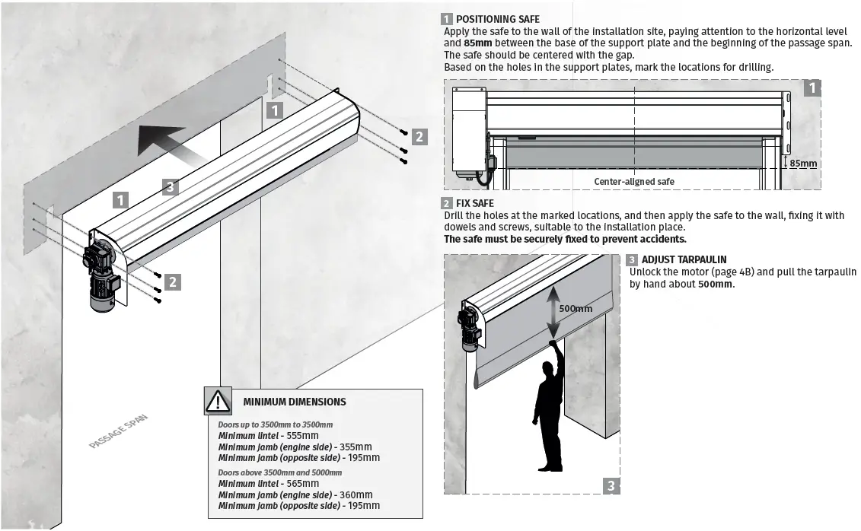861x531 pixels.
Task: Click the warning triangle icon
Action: click(x=218, y=401)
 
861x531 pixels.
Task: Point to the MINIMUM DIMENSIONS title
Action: click(x=294, y=402)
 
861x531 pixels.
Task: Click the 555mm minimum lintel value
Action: click(x=292, y=435)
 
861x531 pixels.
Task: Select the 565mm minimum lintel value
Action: click(x=292, y=483)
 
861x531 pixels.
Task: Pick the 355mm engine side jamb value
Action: click(x=355, y=447)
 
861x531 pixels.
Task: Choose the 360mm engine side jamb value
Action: click(x=355, y=494)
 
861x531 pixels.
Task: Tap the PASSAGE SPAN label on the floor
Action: click(x=117, y=431)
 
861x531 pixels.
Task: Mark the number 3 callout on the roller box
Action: click(x=171, y=186)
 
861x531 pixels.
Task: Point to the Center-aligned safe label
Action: click(x=633, y=181)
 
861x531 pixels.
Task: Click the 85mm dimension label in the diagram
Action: click(x=802, y=163)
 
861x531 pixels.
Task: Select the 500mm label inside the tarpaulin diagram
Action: click(x=576, y=309)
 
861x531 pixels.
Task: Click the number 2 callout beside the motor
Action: click(x=174, y=281)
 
